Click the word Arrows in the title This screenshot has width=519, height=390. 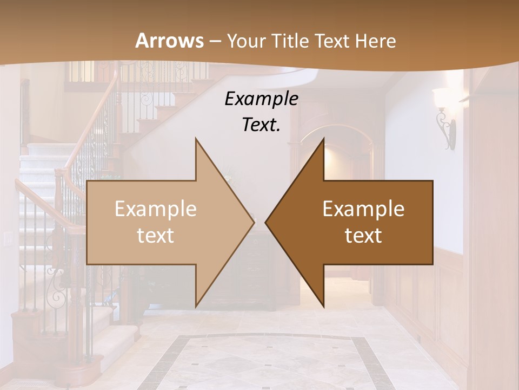[169, 41]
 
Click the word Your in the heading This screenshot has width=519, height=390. [246, 42]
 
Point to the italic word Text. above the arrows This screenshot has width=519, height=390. [261, 125]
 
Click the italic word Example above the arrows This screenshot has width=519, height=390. [261, 99]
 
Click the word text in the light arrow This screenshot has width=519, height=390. [155, 236]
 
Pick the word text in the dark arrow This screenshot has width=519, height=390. [363, 236]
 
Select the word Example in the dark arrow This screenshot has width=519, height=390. [363, 209]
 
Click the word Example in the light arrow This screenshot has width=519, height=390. [155, 209]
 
